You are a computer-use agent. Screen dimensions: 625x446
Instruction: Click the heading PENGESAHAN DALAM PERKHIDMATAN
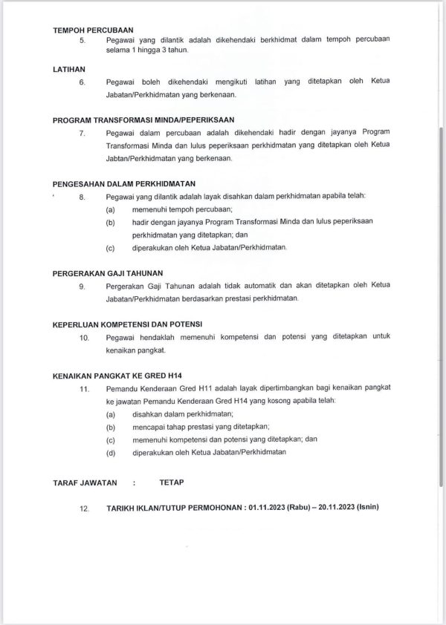(x=124, y=183)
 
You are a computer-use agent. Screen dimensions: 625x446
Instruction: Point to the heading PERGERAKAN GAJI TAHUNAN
(x=108, y=272)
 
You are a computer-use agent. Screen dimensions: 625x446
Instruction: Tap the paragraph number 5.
(x=83, y=39)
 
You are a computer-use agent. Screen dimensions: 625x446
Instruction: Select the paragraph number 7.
(x=83, y=133)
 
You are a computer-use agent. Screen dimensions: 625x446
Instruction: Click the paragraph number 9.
(x=83, y=286)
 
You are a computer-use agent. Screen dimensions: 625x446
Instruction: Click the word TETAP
(x=171, y=482)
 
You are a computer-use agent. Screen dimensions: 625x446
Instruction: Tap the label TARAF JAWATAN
(x=85, y=482)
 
